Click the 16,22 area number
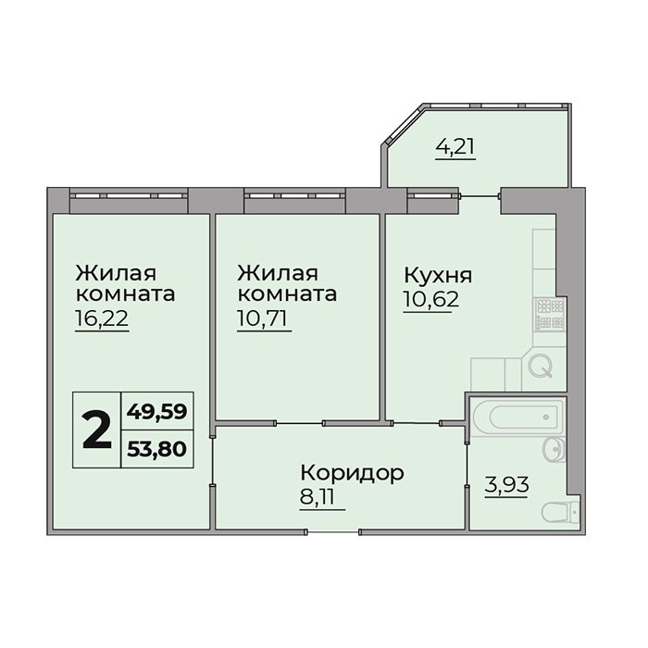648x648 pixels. [x=102, y=318]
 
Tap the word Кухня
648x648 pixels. [x=438, y=276]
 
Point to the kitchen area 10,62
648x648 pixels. [x=431, y=299]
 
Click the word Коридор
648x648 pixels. [x=352, y=474]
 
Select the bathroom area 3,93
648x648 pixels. [x=506, y=485]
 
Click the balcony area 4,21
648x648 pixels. [x=455, y=146]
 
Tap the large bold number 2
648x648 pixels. [x=96, y=430]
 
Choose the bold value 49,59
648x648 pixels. [x=157, y=412]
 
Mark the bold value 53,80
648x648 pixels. [x=157, y=449]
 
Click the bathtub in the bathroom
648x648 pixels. [x=517, y=417]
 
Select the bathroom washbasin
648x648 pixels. [x=554, y=448]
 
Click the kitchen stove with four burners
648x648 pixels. [x=550, y=315]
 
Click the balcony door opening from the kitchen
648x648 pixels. [x=480, y=195]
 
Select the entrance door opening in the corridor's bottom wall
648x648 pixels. [x=332, y=532]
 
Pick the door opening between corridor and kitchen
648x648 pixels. [x=416, y=423]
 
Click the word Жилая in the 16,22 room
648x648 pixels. [x=116, y=274]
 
